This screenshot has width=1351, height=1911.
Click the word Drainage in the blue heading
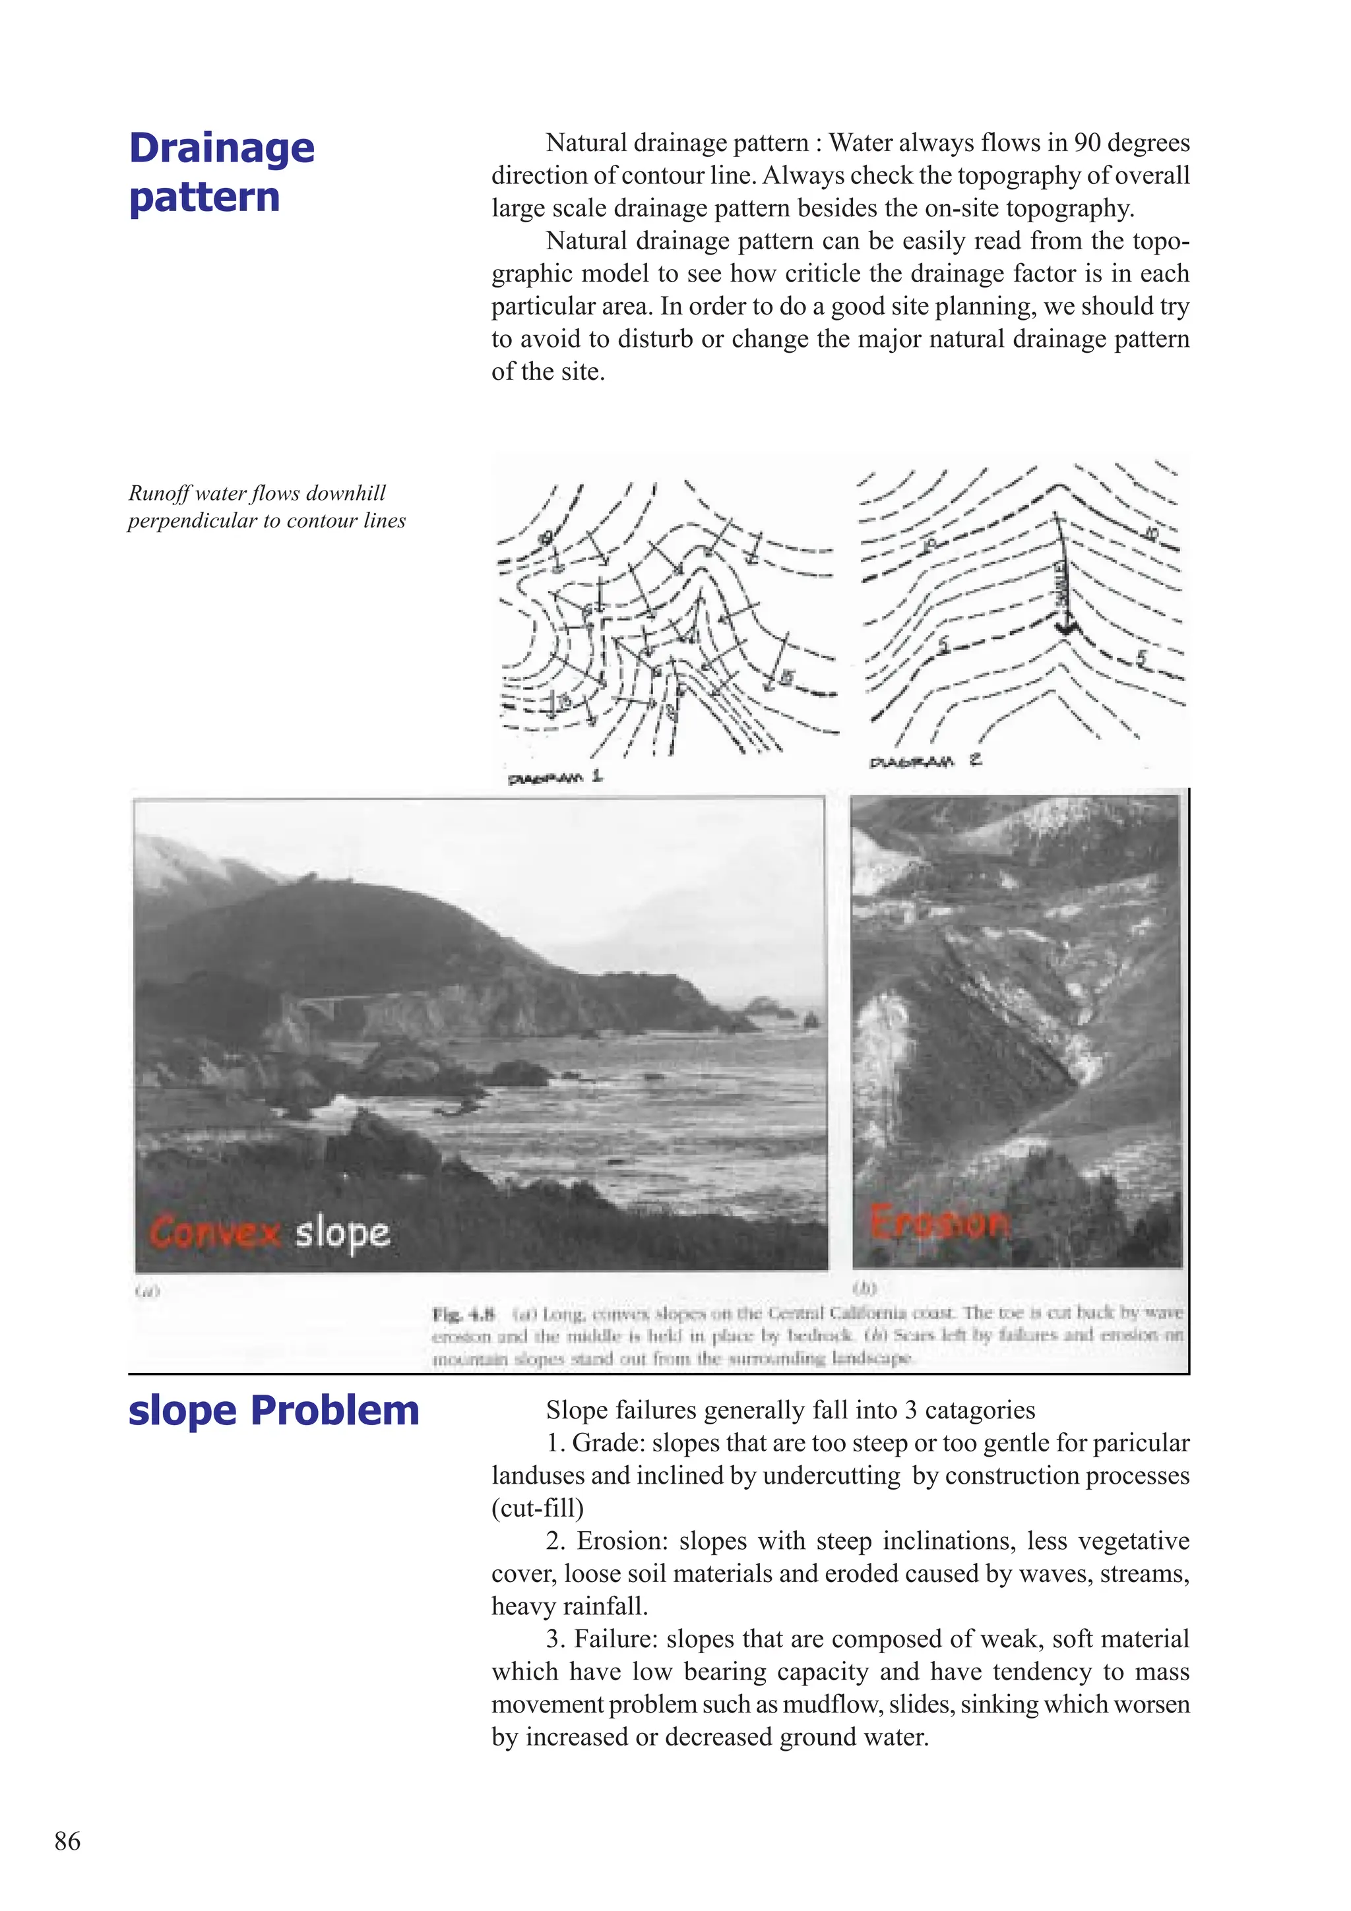(222, 148)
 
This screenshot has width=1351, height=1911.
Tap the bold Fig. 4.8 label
(464, 1314)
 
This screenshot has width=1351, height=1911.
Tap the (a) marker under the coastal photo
(146, 1291)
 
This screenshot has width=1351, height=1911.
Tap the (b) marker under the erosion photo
(865, 1288)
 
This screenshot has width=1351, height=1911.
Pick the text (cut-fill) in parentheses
(537, 1508)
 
